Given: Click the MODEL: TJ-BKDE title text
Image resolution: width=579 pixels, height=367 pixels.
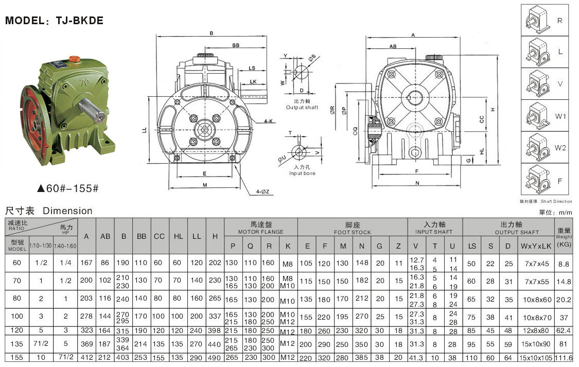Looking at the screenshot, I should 54,21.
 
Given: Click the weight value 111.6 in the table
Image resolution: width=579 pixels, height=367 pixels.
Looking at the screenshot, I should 564,358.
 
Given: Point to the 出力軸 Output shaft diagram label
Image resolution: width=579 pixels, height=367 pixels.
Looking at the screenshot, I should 302,105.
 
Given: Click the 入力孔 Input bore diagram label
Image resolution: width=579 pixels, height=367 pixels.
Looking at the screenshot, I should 302,170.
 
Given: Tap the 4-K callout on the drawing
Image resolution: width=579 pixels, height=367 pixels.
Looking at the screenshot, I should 268,121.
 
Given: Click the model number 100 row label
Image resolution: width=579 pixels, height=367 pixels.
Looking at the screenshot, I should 17,317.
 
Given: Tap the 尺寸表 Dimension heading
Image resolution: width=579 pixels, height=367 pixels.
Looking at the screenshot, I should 49,211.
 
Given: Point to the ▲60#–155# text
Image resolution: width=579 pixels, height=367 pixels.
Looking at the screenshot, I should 68,188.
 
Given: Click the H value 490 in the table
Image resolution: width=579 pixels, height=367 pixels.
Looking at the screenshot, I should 215,358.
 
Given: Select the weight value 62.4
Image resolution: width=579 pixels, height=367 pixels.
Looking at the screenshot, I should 564,330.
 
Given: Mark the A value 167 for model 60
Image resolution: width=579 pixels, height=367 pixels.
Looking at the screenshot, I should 86,264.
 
